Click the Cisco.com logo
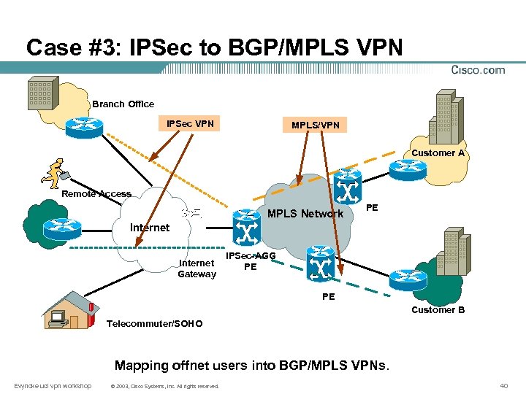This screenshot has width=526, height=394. coord(479,71)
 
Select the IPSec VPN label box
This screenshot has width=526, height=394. coord(190,124)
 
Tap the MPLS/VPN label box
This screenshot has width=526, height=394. coord(315,125)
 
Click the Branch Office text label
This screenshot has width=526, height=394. coord(123,104)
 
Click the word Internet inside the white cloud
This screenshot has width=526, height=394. coord(149,228)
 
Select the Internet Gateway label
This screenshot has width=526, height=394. coord(197,269)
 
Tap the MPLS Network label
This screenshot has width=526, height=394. coord(305,214)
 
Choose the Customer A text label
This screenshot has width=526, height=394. coord(438,153)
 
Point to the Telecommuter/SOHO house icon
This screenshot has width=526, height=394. coord(69,310)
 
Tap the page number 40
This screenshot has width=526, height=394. coord(503,385)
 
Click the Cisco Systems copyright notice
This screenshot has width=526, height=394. coord(164,386)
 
